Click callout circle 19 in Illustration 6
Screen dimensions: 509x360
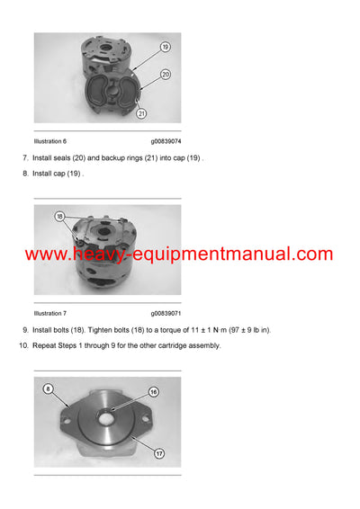tap(166, 46)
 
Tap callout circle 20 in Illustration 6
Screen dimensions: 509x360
tap(166, 75)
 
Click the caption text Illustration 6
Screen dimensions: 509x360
tap(50, 141)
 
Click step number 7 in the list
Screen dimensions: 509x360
tap(24, 158)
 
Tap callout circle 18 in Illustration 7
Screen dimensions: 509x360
tap(59, 217)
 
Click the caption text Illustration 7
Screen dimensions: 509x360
tap(50, 313)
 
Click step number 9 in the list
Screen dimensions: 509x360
tap(24, 330)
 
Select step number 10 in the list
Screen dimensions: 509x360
tap(22, 345)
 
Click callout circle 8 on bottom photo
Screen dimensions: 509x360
tap(50, 388)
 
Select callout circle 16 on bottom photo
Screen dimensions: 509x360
tap(153, 392)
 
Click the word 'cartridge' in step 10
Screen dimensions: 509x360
tap(167, 345)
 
